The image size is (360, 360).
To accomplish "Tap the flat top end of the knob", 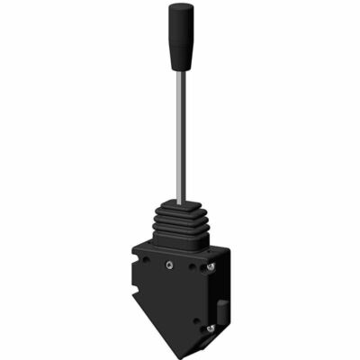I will click(x=178, y=6).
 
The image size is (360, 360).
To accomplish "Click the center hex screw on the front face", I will click(x=168, y=265).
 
